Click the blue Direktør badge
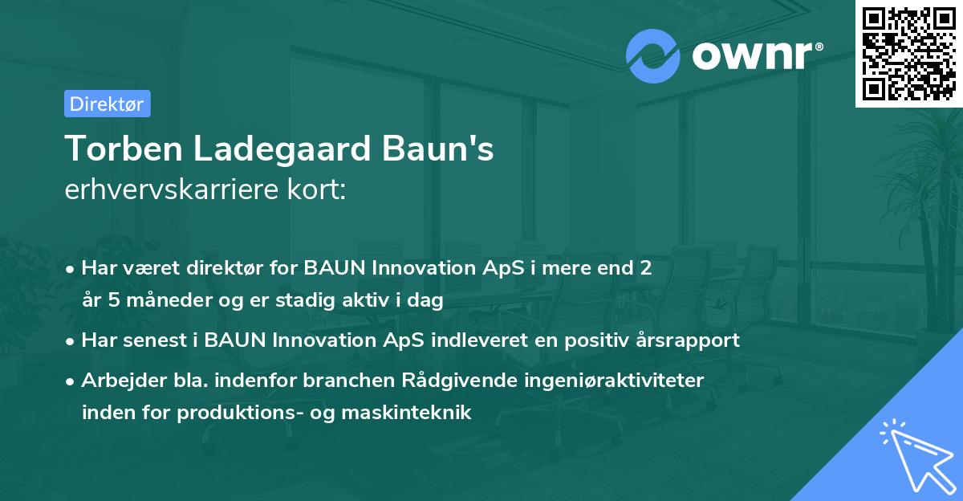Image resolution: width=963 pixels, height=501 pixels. tap(107, 104)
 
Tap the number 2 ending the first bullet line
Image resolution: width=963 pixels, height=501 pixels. tap(644, 269)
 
